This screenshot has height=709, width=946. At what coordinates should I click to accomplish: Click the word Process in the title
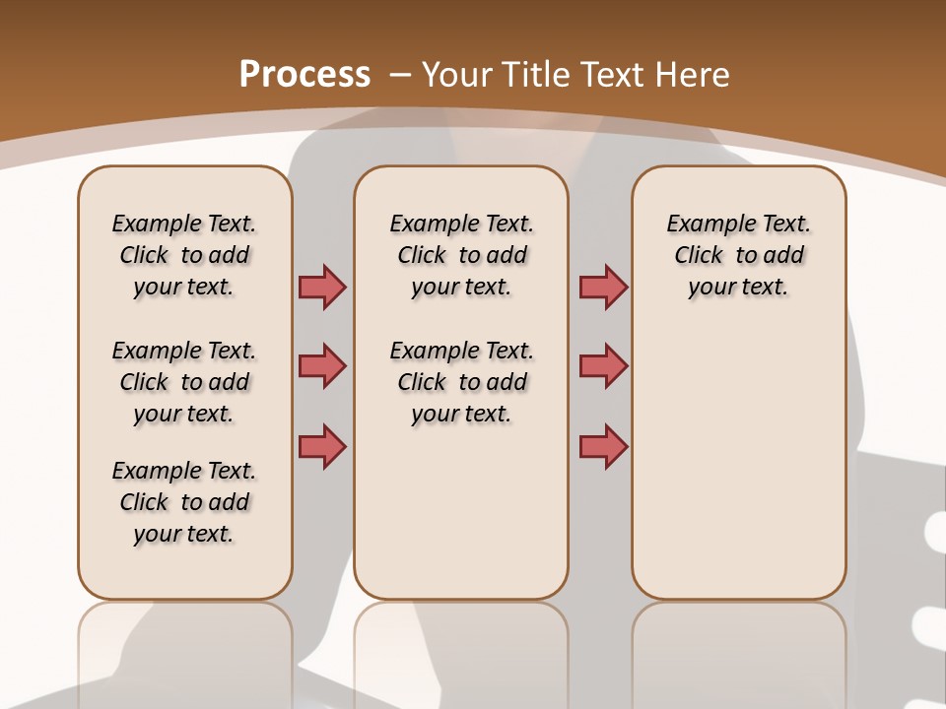304,74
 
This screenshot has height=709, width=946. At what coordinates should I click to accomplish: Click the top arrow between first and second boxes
322,287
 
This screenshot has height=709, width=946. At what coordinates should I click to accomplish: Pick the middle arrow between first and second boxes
322,366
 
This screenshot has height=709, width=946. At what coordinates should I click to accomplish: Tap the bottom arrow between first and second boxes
322,446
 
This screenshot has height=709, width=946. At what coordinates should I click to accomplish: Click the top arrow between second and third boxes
603,287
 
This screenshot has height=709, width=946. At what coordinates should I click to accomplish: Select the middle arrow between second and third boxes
603,366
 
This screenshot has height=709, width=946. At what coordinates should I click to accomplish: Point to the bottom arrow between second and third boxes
603,446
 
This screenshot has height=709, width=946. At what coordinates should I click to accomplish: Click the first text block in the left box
184,255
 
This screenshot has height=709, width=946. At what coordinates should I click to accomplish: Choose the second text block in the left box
184,382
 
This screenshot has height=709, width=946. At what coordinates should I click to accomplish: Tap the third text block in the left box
184,502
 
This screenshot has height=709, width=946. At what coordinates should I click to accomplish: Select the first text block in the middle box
462,255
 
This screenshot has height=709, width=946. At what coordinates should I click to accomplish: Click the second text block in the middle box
462,382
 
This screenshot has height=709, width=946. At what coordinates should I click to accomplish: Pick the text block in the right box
739,255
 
